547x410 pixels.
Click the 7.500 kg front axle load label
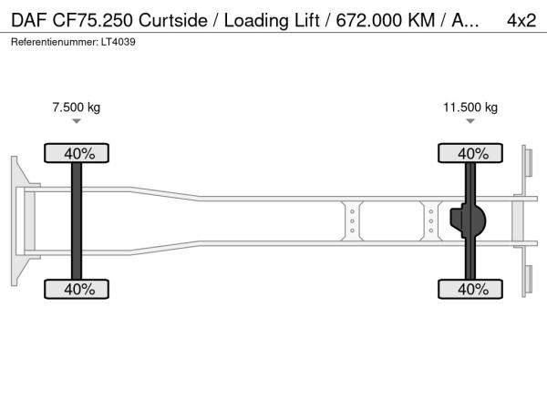(x=76, y=108)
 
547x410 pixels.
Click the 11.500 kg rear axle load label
(x=470, y=108)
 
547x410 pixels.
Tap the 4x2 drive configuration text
(x=521, y=21)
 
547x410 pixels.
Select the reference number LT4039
(x=119, y=42)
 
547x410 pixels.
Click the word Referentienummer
(x=55, y=42)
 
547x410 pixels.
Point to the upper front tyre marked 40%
(x=77, y=153)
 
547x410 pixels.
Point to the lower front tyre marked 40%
(x=77, y=289)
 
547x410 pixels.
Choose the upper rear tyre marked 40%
(x=470, y=153)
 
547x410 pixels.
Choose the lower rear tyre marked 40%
(x=470, y=289)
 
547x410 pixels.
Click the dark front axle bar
(x=77, y=221)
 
